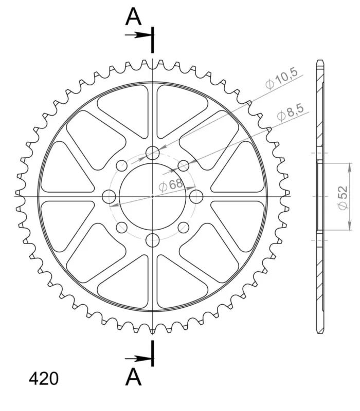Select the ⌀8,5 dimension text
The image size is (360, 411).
(x=291, y=113)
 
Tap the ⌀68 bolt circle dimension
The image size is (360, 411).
(x=171, y=185)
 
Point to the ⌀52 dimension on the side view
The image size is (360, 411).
(x=343, y=198)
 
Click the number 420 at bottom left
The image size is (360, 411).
(x=44, y=379)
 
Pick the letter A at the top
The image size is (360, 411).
(x=134, y=16)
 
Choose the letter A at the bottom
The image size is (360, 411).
(x=134, y=377)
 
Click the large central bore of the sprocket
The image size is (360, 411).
(x=152, y=196)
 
